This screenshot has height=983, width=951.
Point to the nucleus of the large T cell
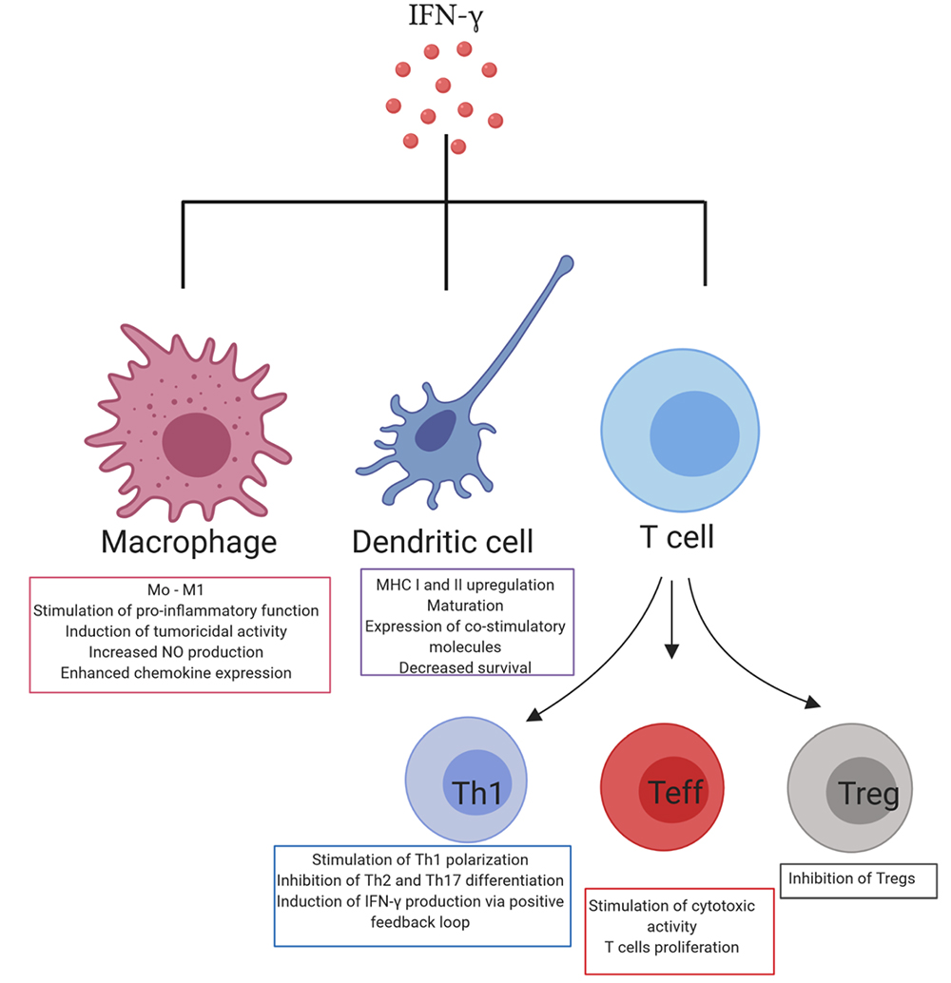(x=694, y=434)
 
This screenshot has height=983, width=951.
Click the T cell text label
(x=672, y=538)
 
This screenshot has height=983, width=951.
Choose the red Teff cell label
(x=677, y=791)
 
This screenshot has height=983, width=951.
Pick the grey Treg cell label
(x=869, y=792)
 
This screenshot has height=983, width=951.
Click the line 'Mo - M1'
(x=181, y=589)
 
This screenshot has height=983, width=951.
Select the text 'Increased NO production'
(x=181, y=652)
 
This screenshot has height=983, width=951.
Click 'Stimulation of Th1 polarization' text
(x=420, y=859)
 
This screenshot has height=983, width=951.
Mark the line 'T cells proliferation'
(x=671, y=947)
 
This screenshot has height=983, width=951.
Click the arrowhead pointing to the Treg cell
(x=813, y=704)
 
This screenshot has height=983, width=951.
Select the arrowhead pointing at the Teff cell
(x=672, y=650)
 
